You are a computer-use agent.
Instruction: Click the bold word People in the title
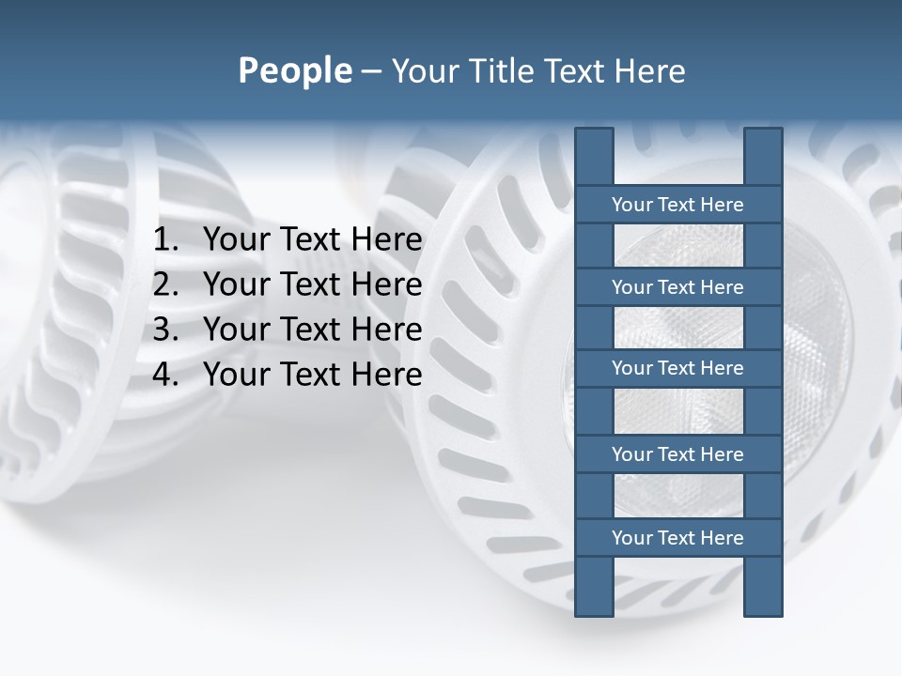(294, 71)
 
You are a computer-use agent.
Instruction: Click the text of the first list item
(312, 240)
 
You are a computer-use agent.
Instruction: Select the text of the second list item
(312, 285)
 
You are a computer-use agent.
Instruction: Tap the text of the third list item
(312, 330)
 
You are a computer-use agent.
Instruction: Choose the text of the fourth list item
(312, 376)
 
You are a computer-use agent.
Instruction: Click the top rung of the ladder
(677, 205)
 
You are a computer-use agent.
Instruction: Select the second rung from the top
(677, 287)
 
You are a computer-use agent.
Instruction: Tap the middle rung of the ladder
(677, 368)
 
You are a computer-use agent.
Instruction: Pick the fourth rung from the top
(677, 454)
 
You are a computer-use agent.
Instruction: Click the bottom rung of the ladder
(677, 538)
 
